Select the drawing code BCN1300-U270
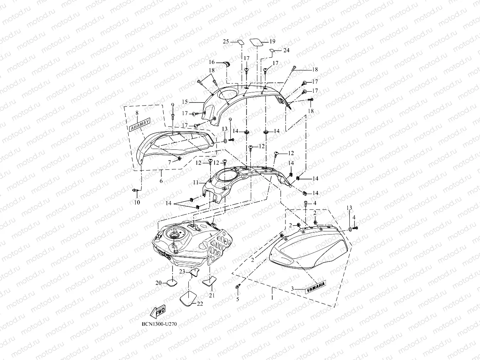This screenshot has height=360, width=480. coord(159,325)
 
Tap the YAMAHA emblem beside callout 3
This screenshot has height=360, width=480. coord(316,286)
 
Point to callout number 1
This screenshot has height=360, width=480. coord(272,298)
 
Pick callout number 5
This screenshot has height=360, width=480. coord(237,298)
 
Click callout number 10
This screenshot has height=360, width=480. coord(137,202)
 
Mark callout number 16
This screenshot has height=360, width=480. coord(212,62)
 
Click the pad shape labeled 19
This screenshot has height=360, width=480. coord(257,42)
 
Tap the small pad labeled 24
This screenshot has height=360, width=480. coord(272,50)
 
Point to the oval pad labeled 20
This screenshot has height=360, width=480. coord(172,284)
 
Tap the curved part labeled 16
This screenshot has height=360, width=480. coord(226,64)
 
